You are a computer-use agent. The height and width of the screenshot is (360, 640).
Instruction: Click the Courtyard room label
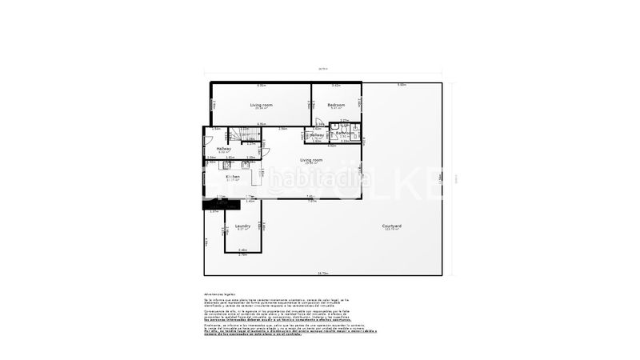point(391,226)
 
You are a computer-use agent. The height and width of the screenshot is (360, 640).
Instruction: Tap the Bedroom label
point(337,105)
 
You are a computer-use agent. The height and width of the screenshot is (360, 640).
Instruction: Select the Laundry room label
point(242,226)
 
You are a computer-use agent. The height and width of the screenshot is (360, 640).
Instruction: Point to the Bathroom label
point(345,133)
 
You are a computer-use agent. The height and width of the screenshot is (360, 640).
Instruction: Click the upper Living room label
point(261,105)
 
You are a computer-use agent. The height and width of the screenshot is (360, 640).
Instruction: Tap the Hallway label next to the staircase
point(224,148)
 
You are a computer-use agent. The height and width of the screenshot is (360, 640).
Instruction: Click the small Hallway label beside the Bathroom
point(316,135)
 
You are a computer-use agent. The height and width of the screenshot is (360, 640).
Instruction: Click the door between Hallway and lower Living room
point(266,151)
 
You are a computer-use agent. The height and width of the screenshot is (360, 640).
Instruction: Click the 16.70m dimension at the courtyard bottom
point(323,274)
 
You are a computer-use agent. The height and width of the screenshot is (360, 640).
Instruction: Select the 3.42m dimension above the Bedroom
point(336,86)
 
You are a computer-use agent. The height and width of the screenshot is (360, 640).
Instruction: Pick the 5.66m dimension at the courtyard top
point(402,85)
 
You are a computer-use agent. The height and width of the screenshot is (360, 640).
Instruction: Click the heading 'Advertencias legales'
point(218,294)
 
